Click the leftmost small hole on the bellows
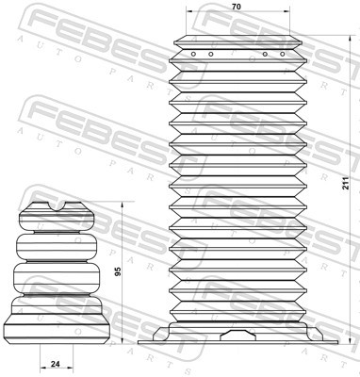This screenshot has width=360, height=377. point(192,54)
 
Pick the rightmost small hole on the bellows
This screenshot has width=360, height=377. point(281,54)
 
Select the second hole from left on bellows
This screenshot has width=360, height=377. point(209,54)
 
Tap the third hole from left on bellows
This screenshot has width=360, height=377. point(265,54)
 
